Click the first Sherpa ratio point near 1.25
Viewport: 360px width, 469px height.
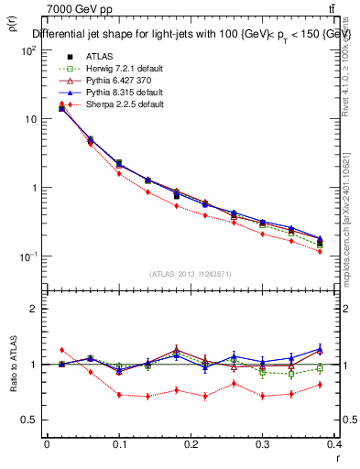coord(61,350)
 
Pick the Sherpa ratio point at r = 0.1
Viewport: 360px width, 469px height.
coord(119,395)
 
